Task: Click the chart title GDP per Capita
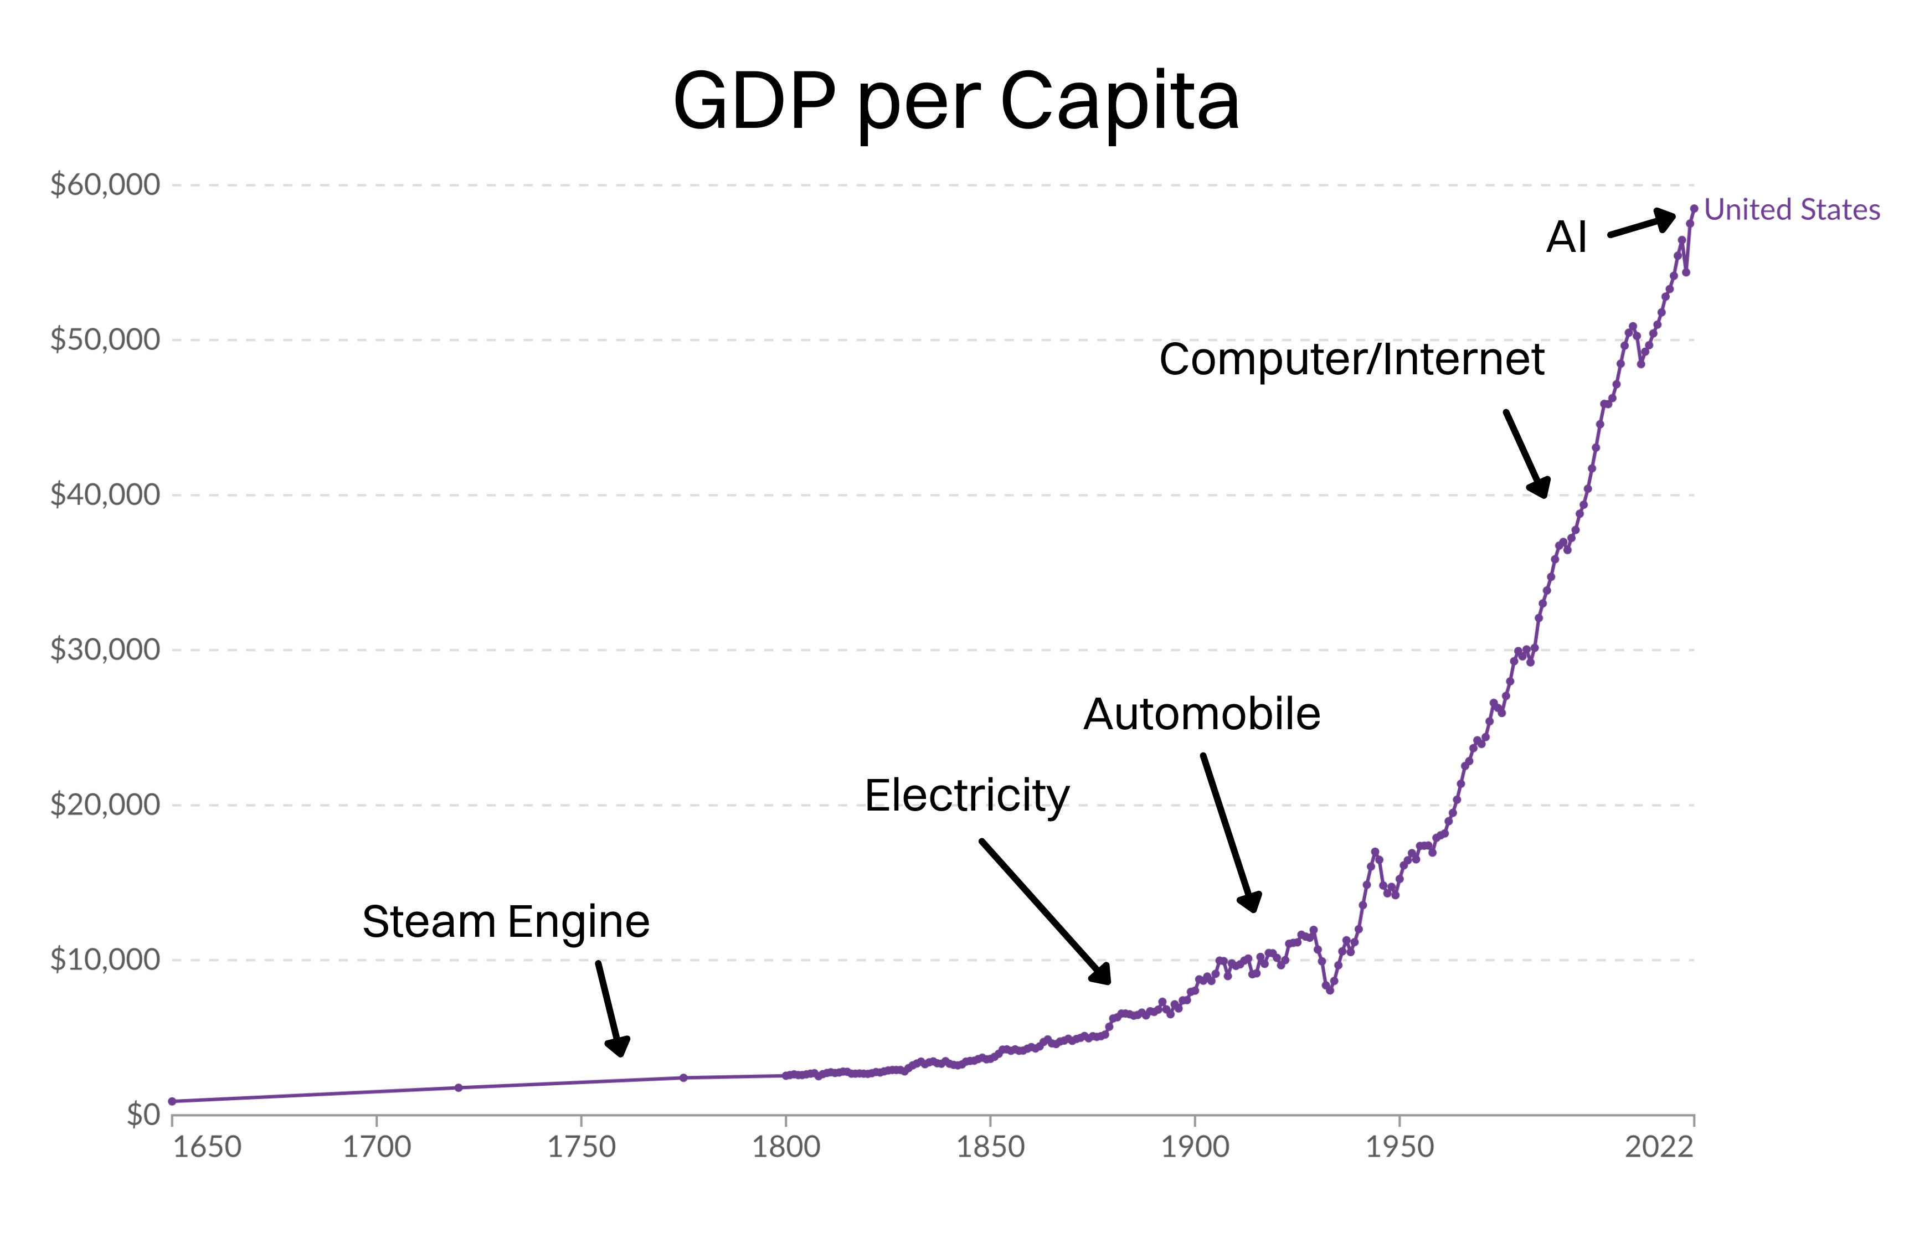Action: coord(956,102)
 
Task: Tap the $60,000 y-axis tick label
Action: coord(105,185)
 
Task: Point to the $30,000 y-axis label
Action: coord(105,649)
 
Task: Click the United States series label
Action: coord(1792,210)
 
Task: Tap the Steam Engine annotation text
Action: coord(506,921)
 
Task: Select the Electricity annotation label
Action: coord(967,796)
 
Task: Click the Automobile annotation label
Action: coord(1202,715)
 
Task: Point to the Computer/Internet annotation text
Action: coord(1351,359)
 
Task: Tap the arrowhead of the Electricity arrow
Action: coord(1102,975)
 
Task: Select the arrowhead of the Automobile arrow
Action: coord(1251,903)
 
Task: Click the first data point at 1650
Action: coord(172,1101)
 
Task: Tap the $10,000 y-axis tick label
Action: coord(105,960)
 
